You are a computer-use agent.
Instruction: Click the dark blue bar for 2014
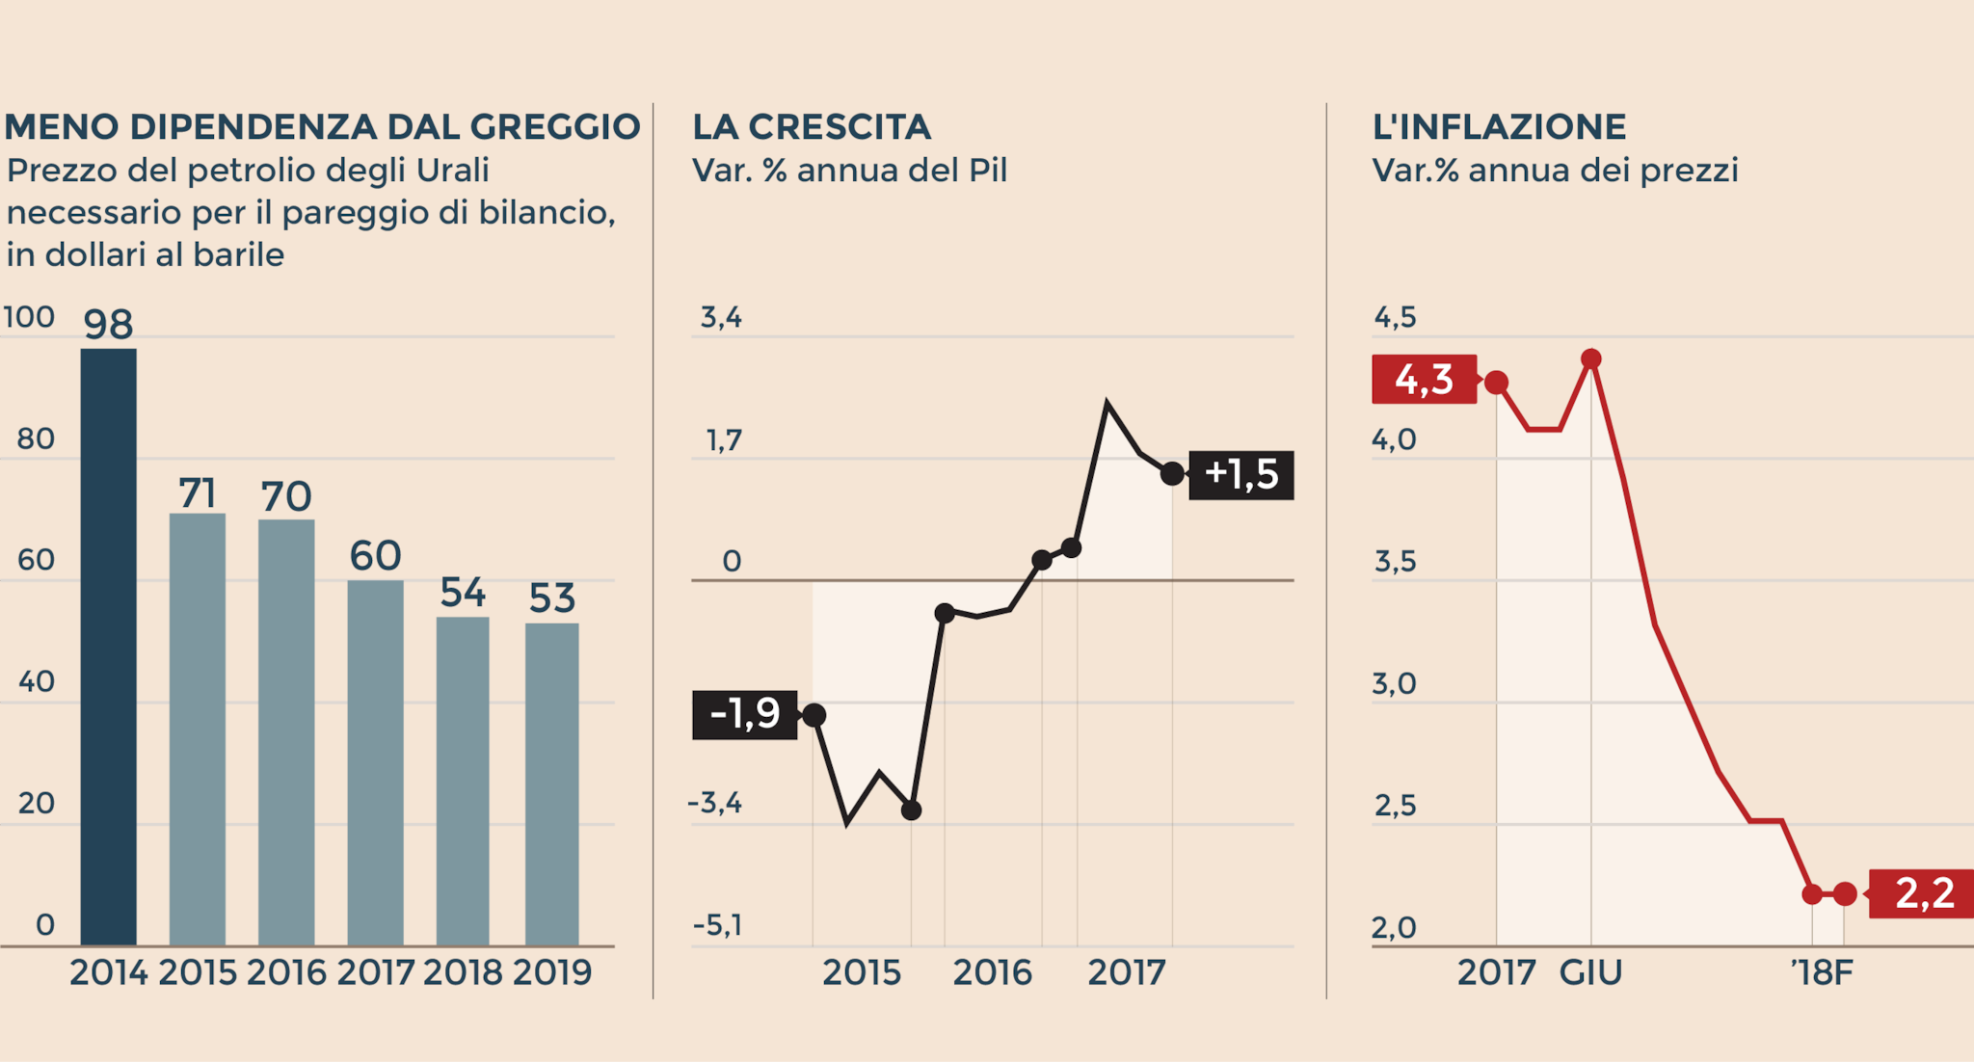[x=108, y=646]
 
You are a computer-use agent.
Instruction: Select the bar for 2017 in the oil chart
[x=375, y=761]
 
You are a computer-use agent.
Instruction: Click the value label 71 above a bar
[x=197, y=493]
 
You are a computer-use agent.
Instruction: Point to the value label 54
[x=463, y=593]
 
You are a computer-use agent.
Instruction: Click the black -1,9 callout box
[x=744, y=714]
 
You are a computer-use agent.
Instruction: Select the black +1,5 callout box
[x=1240, y=474]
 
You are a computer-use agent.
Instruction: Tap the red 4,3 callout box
[x=1424, y=379]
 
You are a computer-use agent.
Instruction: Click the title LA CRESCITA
[x=812, y=127]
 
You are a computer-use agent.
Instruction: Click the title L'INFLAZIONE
[x=1499, y=127]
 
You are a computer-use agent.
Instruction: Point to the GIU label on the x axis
[x=1590, y=972]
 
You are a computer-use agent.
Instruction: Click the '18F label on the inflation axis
[x=1822, y=972]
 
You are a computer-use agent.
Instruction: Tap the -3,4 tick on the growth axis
[x=715, y=803]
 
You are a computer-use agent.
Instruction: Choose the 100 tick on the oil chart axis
[x=29, y=317]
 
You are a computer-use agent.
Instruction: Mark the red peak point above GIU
[x=1591, y=359]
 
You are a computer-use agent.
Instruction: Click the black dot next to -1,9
[x=814, y=715]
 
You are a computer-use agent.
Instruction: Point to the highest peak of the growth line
[x=1107, y=403]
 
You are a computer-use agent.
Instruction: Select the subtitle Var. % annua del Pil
[x=849, y=171]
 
